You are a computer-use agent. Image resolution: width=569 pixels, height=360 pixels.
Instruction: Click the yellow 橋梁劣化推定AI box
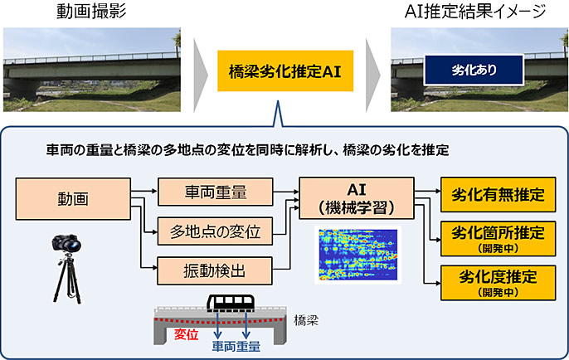point(285,71)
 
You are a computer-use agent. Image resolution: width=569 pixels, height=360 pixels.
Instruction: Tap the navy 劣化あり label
point(474,70)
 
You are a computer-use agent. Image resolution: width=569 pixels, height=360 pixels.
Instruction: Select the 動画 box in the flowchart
point(73,199)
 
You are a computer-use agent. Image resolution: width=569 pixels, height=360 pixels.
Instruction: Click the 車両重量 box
point(215,192)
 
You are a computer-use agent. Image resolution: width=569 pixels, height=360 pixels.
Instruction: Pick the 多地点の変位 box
point(215,231)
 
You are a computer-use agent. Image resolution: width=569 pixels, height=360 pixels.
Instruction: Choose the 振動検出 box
point(215,270)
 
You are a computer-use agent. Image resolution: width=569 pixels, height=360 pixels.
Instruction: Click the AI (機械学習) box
point(357,198)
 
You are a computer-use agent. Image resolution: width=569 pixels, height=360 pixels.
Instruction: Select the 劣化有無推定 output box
point(498,194)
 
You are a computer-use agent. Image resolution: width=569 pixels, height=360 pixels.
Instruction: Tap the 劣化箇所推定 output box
point(498,238)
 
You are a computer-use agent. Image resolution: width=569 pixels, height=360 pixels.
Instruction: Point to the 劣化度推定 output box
point(498,283)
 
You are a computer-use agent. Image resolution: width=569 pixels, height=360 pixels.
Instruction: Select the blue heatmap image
point(357,255)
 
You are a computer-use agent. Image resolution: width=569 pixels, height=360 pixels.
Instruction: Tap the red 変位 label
point(186,334)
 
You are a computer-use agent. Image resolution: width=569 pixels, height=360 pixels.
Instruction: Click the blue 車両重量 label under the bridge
point(236,347)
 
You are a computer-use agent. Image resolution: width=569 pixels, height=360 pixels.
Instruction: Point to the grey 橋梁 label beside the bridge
point(306,320)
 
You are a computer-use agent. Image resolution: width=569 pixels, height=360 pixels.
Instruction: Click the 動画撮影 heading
point(91,12)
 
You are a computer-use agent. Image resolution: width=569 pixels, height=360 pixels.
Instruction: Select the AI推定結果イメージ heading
point(475,12)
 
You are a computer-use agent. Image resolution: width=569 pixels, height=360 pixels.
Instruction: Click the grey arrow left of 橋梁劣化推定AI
point(201,75)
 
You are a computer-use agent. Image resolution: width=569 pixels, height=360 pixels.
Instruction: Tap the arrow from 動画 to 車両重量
point(144,191)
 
